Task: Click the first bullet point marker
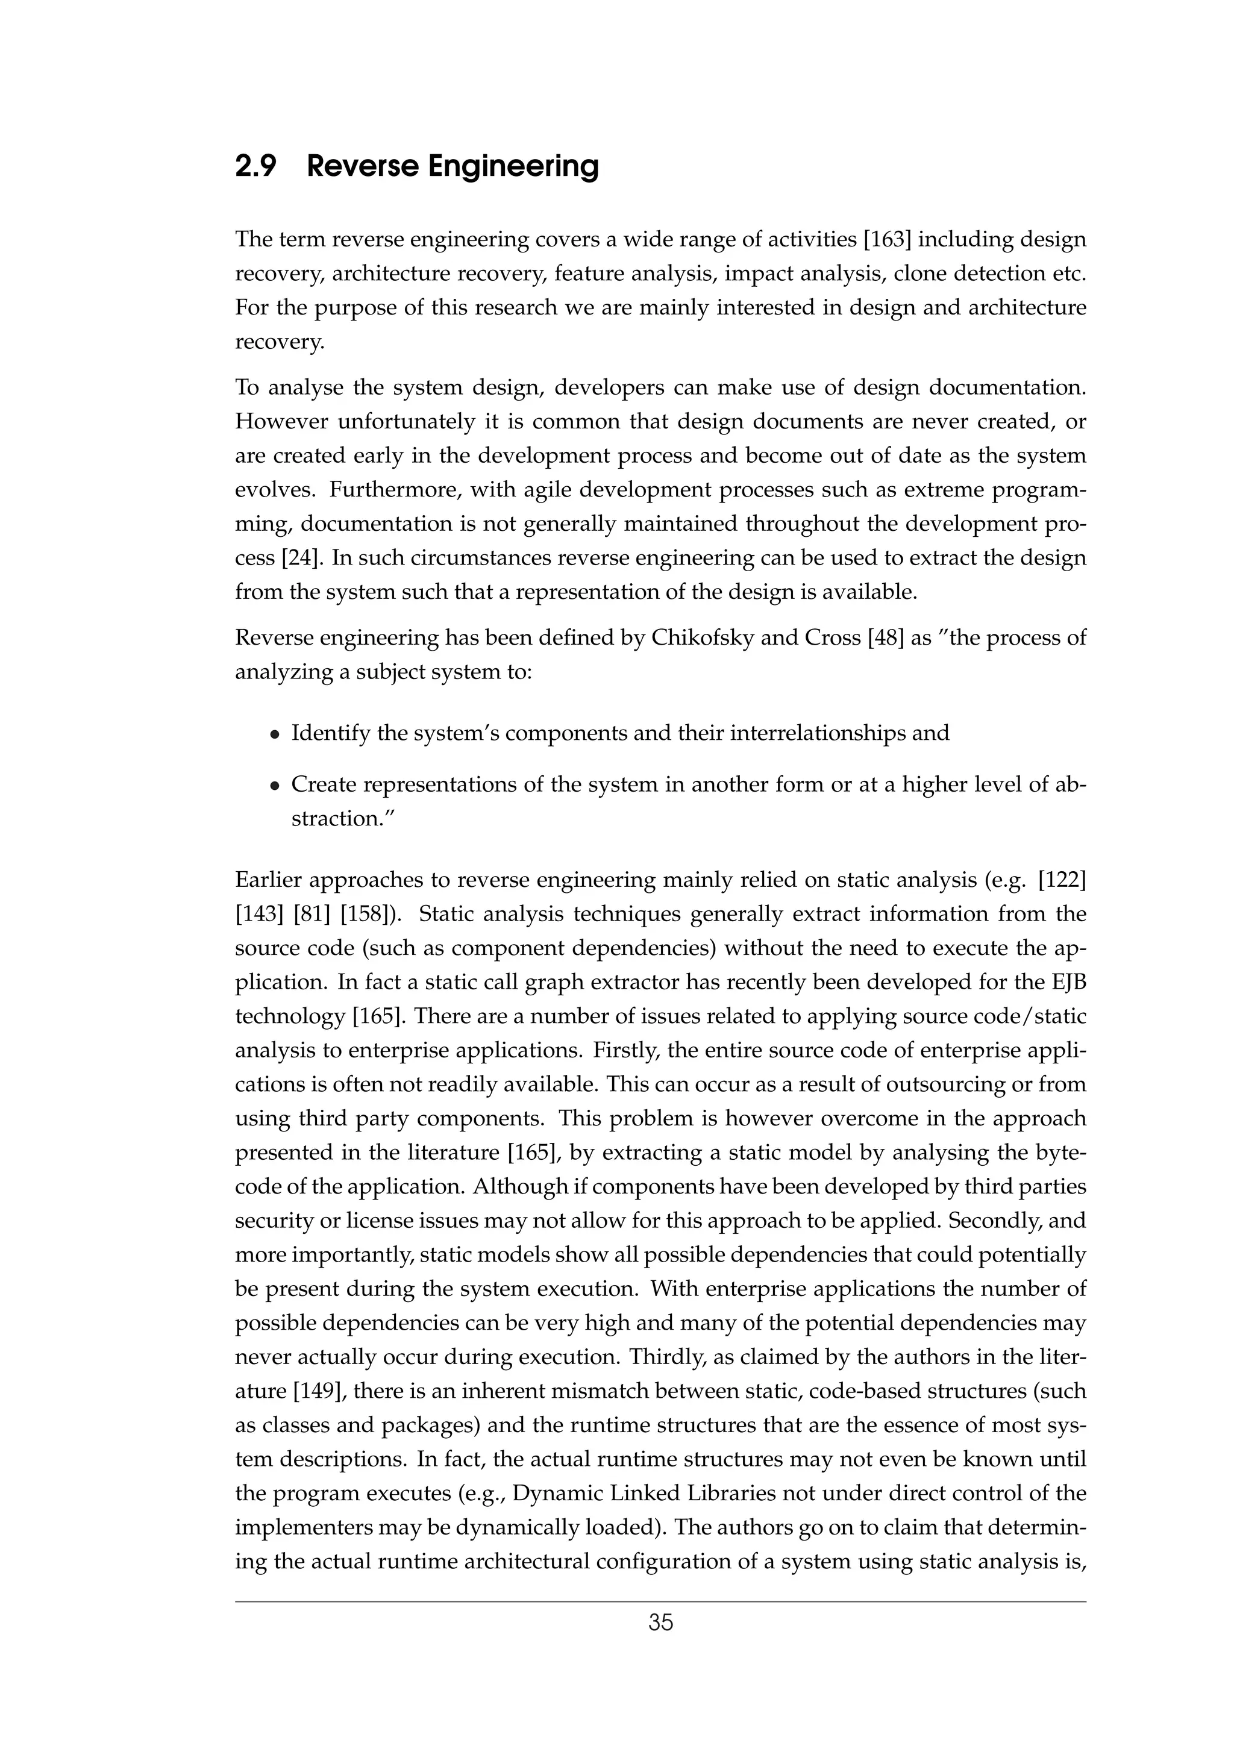click(275, 734)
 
